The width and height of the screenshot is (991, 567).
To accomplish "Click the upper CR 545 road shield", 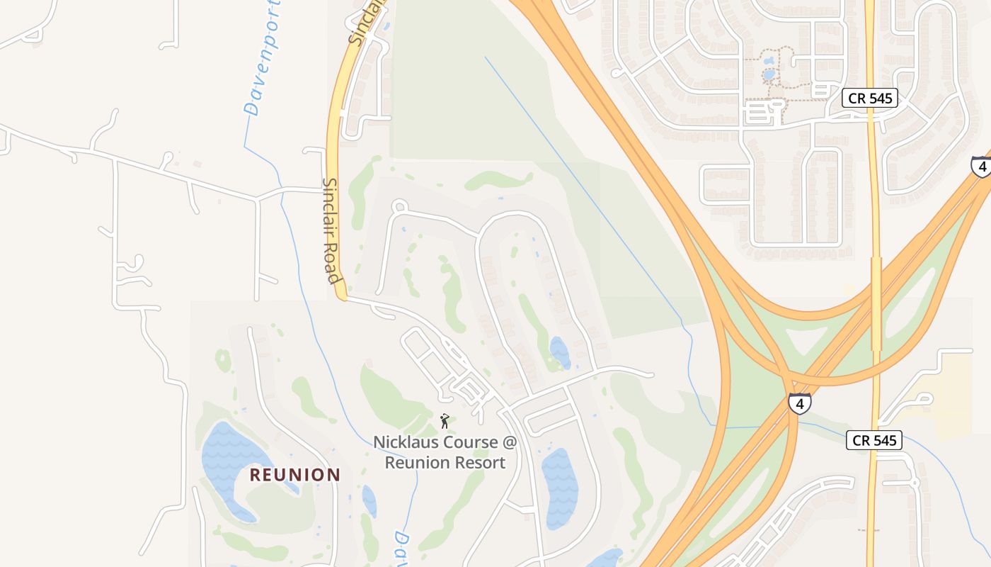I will point(869,98).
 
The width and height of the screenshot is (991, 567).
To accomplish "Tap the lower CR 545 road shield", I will point(874,440).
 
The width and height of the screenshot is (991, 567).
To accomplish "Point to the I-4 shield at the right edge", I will point(981,167).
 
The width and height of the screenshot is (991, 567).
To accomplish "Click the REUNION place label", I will point(294,475).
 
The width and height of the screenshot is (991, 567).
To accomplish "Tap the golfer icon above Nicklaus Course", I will point(445,422).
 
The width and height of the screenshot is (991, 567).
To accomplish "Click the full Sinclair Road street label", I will point(331,230).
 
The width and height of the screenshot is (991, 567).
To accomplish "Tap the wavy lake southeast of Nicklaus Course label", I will point(559,482).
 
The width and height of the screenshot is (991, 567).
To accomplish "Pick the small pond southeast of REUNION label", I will point(369,500).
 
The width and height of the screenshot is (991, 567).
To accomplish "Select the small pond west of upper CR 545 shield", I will point(769,74).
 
